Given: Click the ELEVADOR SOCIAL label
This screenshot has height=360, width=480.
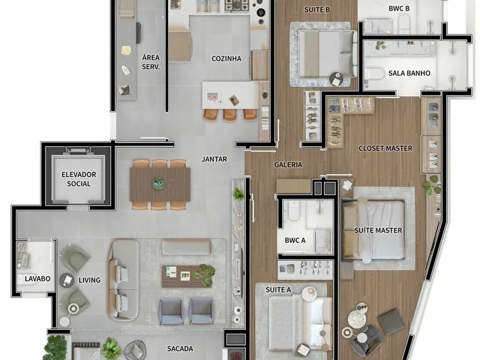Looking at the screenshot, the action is [79, 179].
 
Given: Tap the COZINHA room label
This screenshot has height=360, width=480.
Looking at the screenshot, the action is [226, 58].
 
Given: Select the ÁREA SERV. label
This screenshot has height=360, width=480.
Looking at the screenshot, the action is [151, 62].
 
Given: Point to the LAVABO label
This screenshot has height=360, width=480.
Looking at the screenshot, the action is [37, 278].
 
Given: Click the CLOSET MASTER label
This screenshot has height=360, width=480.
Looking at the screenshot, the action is [385, 148].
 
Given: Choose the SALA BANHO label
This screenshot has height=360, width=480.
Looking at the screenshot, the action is [409, 73].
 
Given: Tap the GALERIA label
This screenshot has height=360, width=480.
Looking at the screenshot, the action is [288, 165].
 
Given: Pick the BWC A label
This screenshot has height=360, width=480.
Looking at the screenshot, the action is [295, 240].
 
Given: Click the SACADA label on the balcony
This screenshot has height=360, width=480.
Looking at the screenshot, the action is [180, 348].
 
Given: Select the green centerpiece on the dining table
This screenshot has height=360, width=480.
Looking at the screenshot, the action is [158, 183].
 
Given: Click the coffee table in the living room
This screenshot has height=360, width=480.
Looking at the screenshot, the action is [187, 277].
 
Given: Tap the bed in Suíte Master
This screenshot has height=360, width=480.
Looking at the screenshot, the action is [373, 230].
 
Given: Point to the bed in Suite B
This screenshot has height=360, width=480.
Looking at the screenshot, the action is [328, 53].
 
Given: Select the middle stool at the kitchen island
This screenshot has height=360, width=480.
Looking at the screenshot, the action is [229, 115].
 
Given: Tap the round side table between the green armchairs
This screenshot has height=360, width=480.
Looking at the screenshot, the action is [67, 280].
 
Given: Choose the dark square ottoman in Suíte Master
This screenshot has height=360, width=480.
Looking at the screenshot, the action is [390, 321].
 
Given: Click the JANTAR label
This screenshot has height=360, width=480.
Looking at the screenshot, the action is [214, 159].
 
